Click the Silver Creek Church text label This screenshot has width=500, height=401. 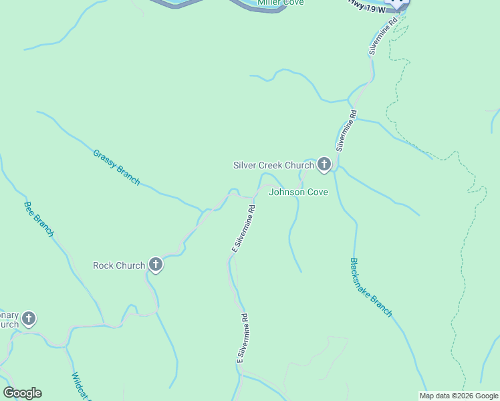coord(273,165)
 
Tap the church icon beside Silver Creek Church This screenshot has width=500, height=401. coord(324,164)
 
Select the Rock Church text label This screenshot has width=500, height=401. coord(119,265)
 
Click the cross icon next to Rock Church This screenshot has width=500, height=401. coord(156,265)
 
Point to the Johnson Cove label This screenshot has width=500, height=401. coord(298,192)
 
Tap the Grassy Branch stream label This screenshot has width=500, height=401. coord(116,166)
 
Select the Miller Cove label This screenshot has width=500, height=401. coord(281,3)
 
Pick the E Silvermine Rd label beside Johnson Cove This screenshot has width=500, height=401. coord(243,228)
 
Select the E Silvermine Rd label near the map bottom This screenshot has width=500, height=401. coord(242,338)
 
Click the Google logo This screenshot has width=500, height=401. coord(22,393)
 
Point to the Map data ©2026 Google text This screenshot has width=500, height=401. coord(459,396)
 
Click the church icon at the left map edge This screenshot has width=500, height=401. coord(29,319)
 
